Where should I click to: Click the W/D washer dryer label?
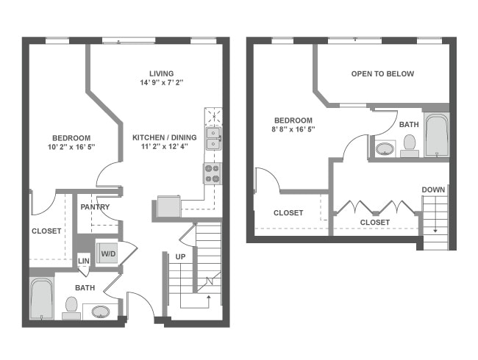107,254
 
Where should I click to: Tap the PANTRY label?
95,207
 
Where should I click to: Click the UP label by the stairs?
180,256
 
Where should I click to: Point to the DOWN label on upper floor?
433,190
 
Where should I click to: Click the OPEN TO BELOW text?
382,73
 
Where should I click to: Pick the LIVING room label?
161,73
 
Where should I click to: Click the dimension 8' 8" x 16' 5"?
293,130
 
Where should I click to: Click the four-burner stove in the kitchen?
212,173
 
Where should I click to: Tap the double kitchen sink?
212,137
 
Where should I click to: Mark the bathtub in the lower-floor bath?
41,298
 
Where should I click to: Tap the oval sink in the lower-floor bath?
101,312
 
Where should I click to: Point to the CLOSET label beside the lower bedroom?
46,231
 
